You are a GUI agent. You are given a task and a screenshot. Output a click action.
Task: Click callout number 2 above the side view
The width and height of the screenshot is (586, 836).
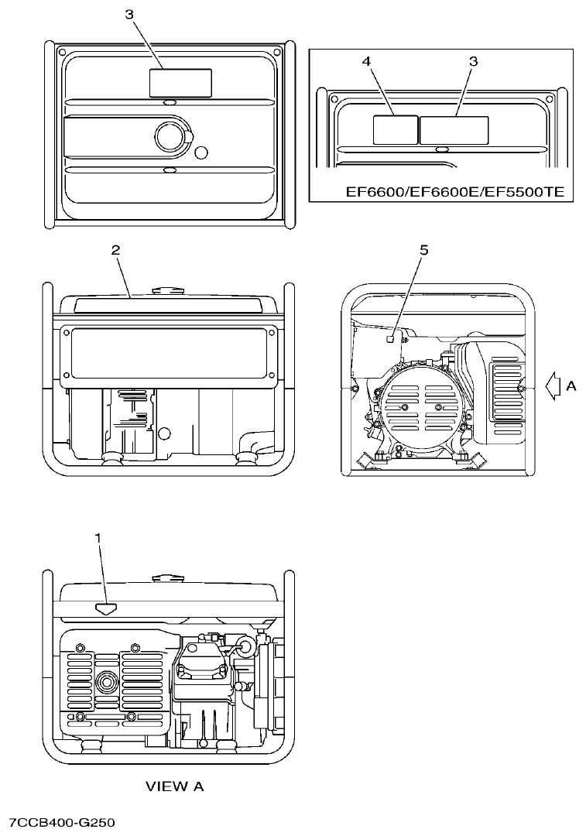[x=115, y=250]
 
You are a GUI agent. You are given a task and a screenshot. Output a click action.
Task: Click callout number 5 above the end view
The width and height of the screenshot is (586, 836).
[x=423, y=250]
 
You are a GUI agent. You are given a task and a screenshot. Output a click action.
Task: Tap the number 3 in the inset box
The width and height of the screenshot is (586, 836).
[x=474, y=60]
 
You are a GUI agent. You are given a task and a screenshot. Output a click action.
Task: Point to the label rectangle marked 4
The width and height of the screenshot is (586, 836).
[x=396, y=129]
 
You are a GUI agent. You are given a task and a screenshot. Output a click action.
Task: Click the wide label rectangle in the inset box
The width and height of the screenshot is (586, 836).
[x=454, y=129]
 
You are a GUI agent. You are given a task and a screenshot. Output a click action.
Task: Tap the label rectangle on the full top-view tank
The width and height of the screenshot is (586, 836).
[x=180, y=82]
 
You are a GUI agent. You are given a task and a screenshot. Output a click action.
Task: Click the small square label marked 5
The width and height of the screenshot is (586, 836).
[x=392, y=337]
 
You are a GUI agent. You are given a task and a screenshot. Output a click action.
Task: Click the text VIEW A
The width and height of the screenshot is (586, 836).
[x=175, y=786]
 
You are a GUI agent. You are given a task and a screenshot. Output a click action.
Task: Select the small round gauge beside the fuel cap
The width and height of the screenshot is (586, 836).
[x=202, y=151]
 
